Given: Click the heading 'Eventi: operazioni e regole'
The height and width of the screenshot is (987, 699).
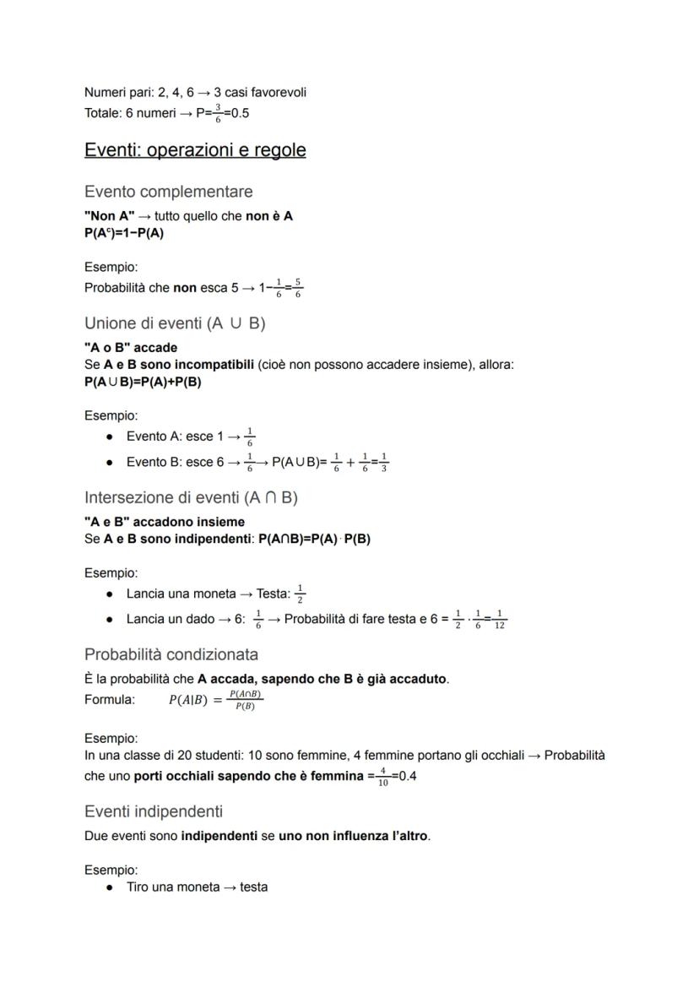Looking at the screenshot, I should tap(195, 150).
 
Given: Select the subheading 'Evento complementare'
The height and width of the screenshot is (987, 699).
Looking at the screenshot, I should tap(168, 192).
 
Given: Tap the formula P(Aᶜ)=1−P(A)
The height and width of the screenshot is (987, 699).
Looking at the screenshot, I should tap(123, 233).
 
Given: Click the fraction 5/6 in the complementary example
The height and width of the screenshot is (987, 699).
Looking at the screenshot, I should tap(298, 289).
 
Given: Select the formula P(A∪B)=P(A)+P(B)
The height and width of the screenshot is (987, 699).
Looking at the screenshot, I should tap(143, 381).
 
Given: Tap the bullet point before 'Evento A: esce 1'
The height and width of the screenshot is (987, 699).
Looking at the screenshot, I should tap(111, 437).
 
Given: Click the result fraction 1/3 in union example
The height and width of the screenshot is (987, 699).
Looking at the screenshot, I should tap(383, 463).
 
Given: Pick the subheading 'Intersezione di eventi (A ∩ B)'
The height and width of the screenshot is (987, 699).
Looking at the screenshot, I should tap(191, 497).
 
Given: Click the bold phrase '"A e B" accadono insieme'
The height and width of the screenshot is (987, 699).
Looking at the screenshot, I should tap(164, 522).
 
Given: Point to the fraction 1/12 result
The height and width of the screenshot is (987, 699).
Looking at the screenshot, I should tap(500, 620).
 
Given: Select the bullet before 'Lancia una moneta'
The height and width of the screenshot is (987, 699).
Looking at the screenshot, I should tap(111, 594).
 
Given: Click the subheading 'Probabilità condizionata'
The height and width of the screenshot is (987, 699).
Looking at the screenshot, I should tap(171, 654).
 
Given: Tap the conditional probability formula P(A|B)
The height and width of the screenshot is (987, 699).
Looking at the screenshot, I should tap(216, 700).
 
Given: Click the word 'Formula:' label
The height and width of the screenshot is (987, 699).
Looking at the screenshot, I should tap(109, 699).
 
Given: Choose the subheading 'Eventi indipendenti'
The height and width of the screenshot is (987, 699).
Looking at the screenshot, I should tap(154, 811).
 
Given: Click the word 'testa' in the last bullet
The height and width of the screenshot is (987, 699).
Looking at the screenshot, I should tap(253, 887).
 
